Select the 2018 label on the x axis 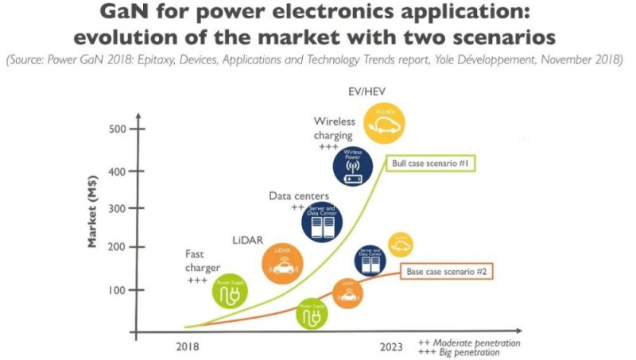point(188,346)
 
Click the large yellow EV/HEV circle point(385,122)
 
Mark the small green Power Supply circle point(312,315)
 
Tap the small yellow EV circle point(400,244)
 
